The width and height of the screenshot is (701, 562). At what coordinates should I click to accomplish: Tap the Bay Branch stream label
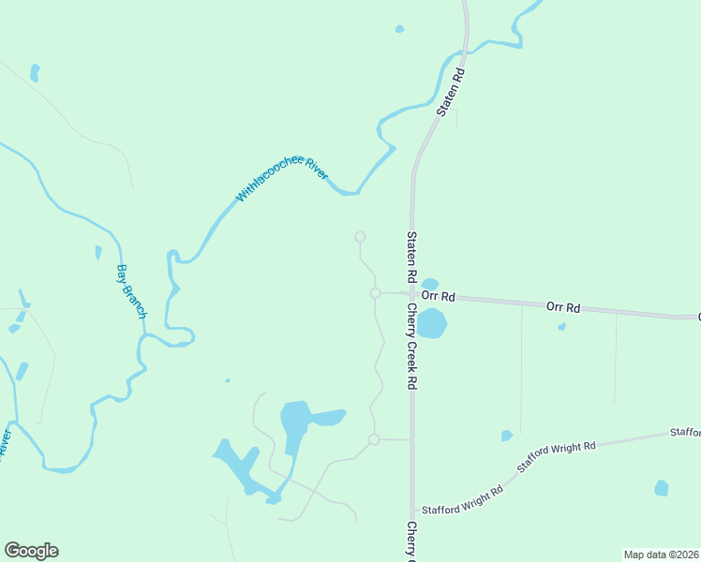[x=130, y=291]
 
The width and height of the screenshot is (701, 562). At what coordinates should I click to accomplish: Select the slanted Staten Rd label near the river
[x=451, y=91]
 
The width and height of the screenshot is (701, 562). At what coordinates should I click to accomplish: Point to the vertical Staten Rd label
[x=410, y=259]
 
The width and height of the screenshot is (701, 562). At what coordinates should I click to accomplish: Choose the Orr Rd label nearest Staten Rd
[x=438, y=296]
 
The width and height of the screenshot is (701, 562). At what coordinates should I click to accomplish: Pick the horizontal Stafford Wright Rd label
[x=462, y=510]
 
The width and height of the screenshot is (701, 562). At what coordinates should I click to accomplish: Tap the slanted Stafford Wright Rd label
[x=557, y=456]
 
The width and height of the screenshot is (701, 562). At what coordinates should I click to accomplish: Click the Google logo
[x=31, y=551]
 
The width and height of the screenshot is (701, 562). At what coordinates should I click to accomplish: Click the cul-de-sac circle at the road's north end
[x=359, y=237]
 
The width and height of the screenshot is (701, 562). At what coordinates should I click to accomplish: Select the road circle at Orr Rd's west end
[x=375, y=293]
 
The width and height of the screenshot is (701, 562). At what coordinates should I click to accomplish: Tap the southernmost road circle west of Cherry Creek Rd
[x=374, y=439]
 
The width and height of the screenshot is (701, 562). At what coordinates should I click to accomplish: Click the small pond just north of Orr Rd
[x=430, y=284]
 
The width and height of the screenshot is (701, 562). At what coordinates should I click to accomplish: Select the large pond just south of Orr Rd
[x=431, y=324]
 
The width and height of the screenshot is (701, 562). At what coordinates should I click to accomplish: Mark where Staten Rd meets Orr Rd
[x=411, y=294]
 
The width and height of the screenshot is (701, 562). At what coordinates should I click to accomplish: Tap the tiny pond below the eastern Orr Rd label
[x=561, y=327]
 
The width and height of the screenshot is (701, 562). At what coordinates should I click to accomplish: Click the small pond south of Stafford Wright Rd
[x=662, y=488]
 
